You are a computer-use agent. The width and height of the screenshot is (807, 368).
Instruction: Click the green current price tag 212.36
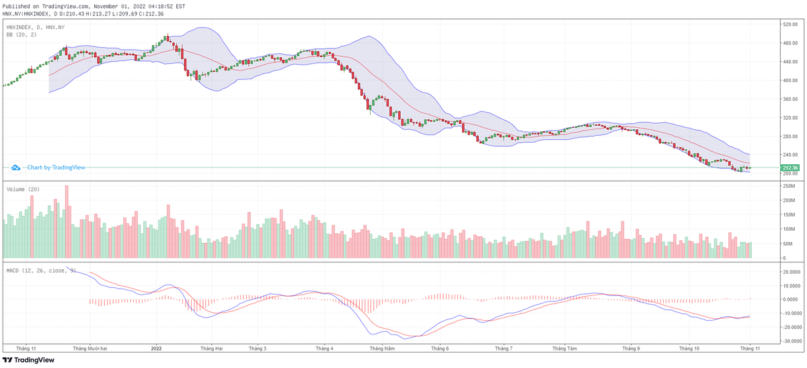pyautogui.click(x=790, y=168)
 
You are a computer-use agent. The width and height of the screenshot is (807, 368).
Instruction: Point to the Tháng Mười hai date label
pyautogui.click(x=91, y=348)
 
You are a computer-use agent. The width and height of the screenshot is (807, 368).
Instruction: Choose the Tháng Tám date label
pyautogui.click(x=565, y=348)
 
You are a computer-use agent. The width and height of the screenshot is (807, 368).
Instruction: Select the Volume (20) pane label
pyautogui.click(x=23, y=190)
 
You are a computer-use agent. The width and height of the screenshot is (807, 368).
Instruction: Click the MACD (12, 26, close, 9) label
pyautogui.click(x=40, y=270)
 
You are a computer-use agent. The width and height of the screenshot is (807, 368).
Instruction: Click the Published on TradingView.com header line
pyautogui.click(x=94, y=5)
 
